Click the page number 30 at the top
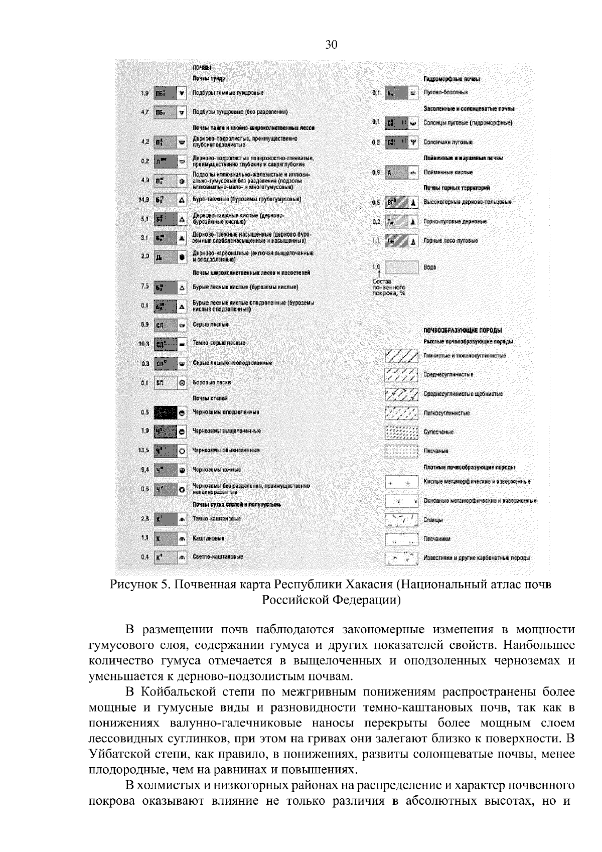click(331, 45)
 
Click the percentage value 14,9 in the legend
click(144, 200)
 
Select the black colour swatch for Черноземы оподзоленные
click(166, 412)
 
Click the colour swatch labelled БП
click(165, 382)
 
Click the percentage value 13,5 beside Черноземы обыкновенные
click(143, 450)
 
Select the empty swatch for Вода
click(401, 267)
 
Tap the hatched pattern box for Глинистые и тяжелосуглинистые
click(401, 356)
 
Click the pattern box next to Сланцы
click(401, 520)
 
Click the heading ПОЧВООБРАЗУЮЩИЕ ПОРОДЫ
click(463, 330)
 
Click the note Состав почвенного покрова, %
click(388, 287)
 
